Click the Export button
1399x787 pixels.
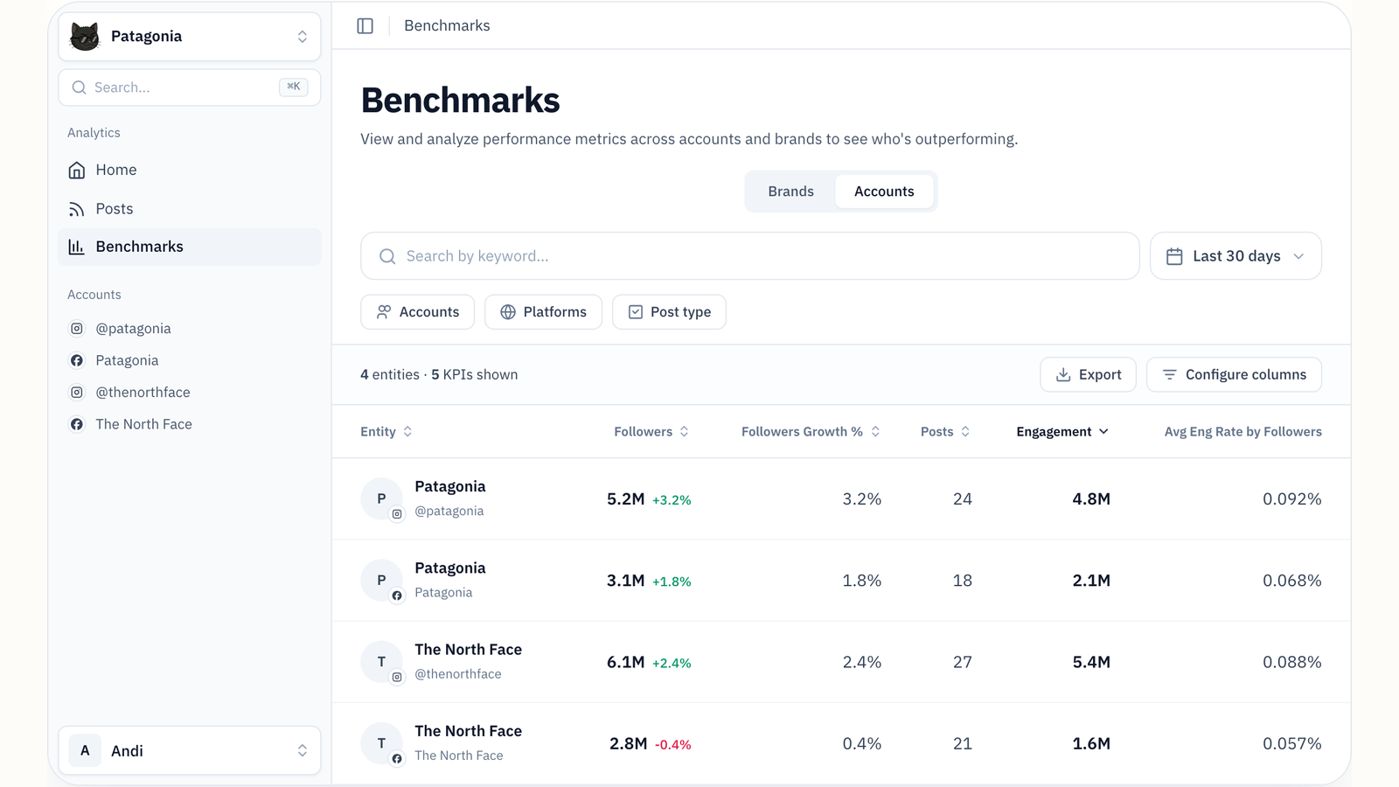click(x=1088, y=374)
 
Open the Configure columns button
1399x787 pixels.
click(x=1234, y=374)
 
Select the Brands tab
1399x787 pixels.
click(x=790, y=192)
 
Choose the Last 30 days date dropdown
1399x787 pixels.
click(x=1235, y=256)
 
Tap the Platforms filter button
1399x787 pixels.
click(x=543, y=311)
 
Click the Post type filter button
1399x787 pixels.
click(x=669, y=311)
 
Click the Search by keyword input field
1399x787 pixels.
click(x=750, y=256)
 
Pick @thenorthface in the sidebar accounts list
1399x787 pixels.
click(x=143, y=393)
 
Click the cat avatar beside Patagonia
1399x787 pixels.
click(x=85, y=36)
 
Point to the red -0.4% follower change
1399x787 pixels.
click(x=672, y=744)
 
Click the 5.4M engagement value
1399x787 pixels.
click(x=1091, y=662)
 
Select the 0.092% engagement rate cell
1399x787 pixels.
click(x=1291, y=499)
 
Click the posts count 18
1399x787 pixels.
click(x=962, y=581)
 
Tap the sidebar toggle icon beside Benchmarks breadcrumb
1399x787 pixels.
click(x=365, y=25)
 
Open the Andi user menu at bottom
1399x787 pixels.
click(x=189, y=750)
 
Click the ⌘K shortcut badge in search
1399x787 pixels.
click(x=293, y=87)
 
